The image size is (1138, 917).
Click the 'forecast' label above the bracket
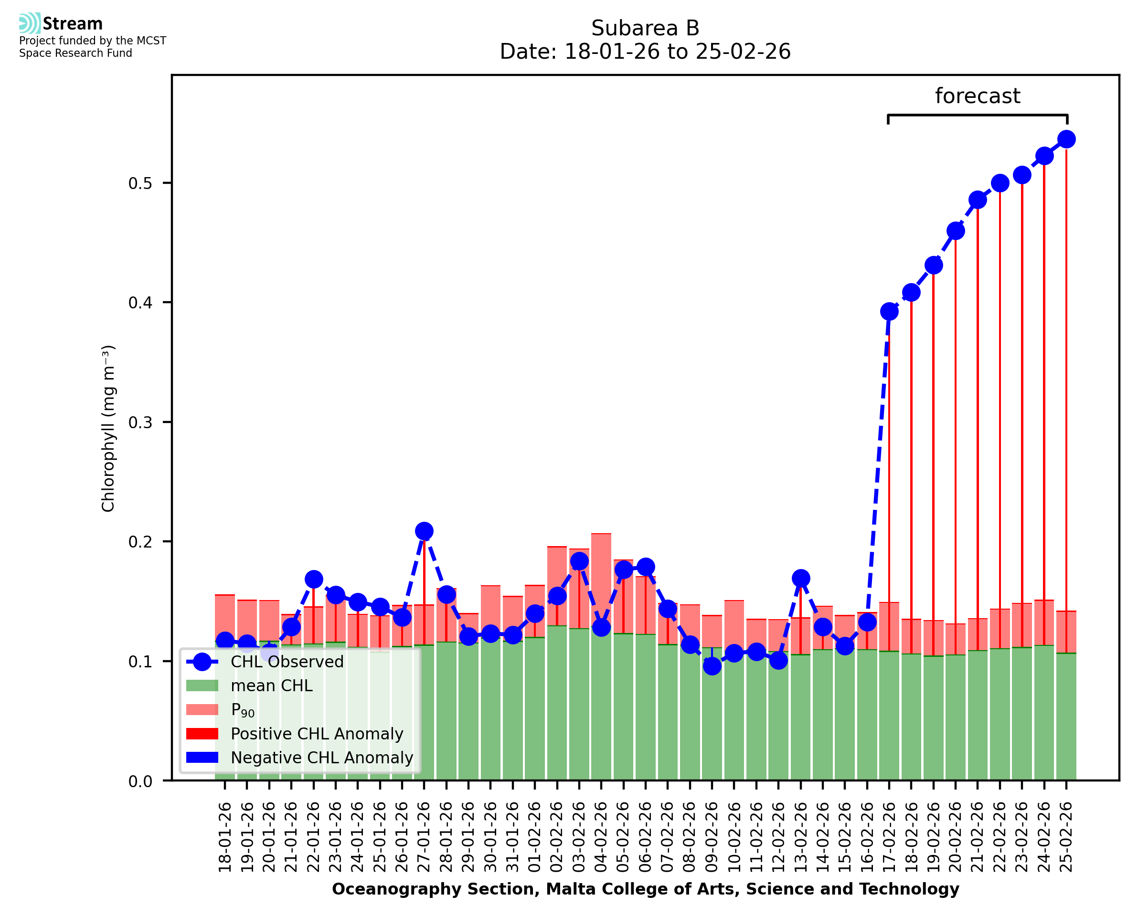(977, 96)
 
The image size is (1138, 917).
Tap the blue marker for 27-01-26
(424, 531)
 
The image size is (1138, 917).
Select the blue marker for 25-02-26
(1066, 139)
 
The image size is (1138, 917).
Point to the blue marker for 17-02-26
(889, 312)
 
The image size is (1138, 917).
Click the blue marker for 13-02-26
(800, 579)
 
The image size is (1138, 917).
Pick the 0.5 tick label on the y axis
(140, 183)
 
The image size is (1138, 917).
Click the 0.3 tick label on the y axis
(140, 422)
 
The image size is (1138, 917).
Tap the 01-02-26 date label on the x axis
(535, 837)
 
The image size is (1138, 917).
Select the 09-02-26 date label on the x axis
(712, 837)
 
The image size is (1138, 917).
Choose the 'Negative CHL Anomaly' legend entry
(321, 758)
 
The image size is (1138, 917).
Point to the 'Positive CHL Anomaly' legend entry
(317, 734)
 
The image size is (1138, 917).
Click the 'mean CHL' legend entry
(272, 685)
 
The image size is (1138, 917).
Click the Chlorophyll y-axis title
(108, 428)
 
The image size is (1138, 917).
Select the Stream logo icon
(30, 23)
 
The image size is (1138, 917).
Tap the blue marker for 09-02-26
(712, 666)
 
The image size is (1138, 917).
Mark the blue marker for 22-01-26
(313, 580)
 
